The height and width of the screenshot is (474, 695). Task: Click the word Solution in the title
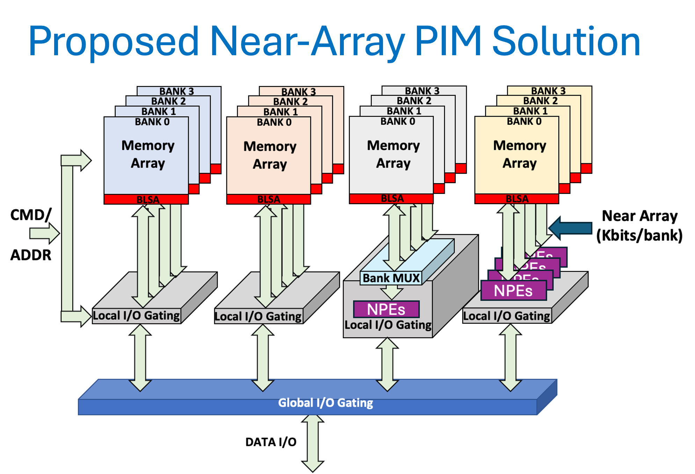tap(566, 41)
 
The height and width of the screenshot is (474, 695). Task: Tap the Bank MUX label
tap(391, 278)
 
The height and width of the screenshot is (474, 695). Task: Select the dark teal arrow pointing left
tap(571, 228)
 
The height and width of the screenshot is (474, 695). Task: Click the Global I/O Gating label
tap(325, 403)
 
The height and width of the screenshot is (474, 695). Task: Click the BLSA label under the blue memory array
tap(147, 200)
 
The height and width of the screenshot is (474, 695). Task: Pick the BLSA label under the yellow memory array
tap(517, 199)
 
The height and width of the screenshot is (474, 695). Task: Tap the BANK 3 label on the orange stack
tap(298, 92)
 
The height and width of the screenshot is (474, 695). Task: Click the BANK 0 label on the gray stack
tap(398, 122)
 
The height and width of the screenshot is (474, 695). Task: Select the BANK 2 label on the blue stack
tap(168, 101)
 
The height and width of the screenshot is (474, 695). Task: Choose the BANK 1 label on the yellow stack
tap(530, 111)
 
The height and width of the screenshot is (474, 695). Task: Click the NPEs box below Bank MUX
tap(386, 309)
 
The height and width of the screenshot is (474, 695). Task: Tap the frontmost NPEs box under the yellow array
tap(513, 290)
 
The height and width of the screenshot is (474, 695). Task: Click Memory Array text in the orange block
tap(270, 155)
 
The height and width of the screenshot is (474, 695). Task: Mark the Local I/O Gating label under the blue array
tap(136, 316)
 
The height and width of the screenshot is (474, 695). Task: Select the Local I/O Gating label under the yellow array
tap(507, 316)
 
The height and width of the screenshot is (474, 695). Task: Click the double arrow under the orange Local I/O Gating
tap(262, 358)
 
